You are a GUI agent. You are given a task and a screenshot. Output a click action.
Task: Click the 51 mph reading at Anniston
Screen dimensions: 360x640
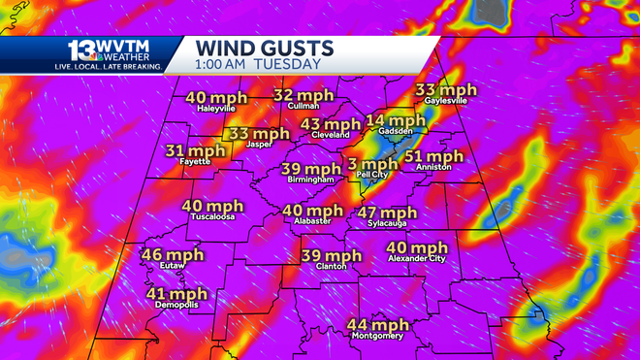pos(433,156)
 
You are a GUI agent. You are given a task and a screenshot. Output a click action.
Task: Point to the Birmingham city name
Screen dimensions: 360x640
pos(310,180)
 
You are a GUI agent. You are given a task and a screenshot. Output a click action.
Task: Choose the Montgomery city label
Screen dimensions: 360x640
pos(378,336)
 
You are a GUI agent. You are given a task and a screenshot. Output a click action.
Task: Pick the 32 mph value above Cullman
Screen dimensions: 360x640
pos(304,95)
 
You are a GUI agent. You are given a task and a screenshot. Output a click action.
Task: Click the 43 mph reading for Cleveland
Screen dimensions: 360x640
pos(331,124)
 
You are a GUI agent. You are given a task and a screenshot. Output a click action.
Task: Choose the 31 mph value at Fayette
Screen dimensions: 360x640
pos(195,150)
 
